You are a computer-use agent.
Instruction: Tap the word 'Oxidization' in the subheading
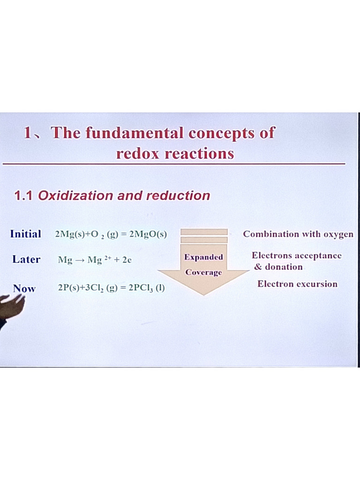[x=75, y=195]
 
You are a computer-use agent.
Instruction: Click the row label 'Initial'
[x=25, y=234]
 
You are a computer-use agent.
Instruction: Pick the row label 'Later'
[x=26, y=259]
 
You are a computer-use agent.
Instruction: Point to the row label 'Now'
[x=24, y=288]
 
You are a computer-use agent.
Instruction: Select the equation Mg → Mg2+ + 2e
[x=95, y=260]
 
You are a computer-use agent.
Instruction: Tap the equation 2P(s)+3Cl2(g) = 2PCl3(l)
[x=111, y=288]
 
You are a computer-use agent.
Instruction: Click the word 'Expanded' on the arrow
[x=203, y=257]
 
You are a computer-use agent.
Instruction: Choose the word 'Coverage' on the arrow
[x=203, y=272]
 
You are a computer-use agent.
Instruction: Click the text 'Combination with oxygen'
[x=298, y=234]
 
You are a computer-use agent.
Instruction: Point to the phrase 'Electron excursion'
[x=297, y=284]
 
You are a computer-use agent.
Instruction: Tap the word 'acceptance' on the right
[x=318, y=255]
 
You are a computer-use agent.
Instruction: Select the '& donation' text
[x=278, y=267]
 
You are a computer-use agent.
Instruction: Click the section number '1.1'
[x=23, y=195]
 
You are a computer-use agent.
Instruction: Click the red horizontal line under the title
[x=173, y=164]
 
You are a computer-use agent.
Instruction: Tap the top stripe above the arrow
[x=204, y=232]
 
